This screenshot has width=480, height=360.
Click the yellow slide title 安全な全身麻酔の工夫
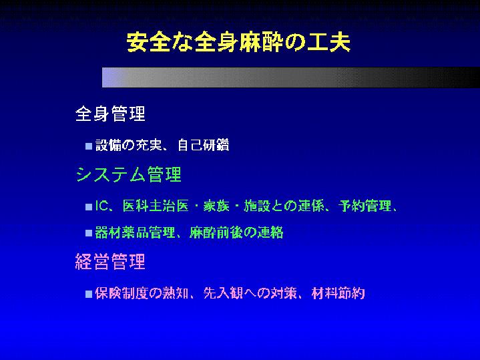pyautogui.click(x=238, y=42)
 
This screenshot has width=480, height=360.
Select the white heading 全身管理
pyautogui.click(x=110, y=114)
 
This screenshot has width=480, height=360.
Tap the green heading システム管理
pyautogui.click(x=129, y=174)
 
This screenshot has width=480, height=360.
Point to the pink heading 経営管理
pyautogui.click(x=110, y=262)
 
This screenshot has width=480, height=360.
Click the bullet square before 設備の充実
pyautogui.click(x=89, y=146)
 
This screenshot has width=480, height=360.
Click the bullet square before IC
pyautogui.click(x=89, y=207)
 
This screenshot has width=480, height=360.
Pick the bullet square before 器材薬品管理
pyautogui.click(x=89, y=233)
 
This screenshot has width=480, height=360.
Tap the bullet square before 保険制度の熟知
pyautogui.click(x=89, y=294)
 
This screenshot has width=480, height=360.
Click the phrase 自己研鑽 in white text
pyautogui.click(x=203, y=145)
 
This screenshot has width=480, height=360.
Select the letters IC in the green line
pyautogui.click(x=101, y=206)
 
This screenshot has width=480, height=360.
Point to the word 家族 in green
pyautogui.click(x=216, y=206)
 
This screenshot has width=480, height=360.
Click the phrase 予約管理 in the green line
pyautogui.click(x=365, y=206)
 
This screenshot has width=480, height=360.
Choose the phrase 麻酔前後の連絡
pyautogui.click(x=236, y=232)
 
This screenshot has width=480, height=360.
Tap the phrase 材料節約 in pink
pyautogui.click(x=338, y=293)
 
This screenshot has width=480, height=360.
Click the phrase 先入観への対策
pyautogui.click(x=250, y=293)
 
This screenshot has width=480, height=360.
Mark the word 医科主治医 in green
pyautogui.click(x=156, y=206)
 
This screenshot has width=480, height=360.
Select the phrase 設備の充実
pyautogui.click(x=129, y=145)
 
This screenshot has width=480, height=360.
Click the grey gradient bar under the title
pyautogui.click(x=291, y=77)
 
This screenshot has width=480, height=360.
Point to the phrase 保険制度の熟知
pyautogui.click(x=142, y=293)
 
